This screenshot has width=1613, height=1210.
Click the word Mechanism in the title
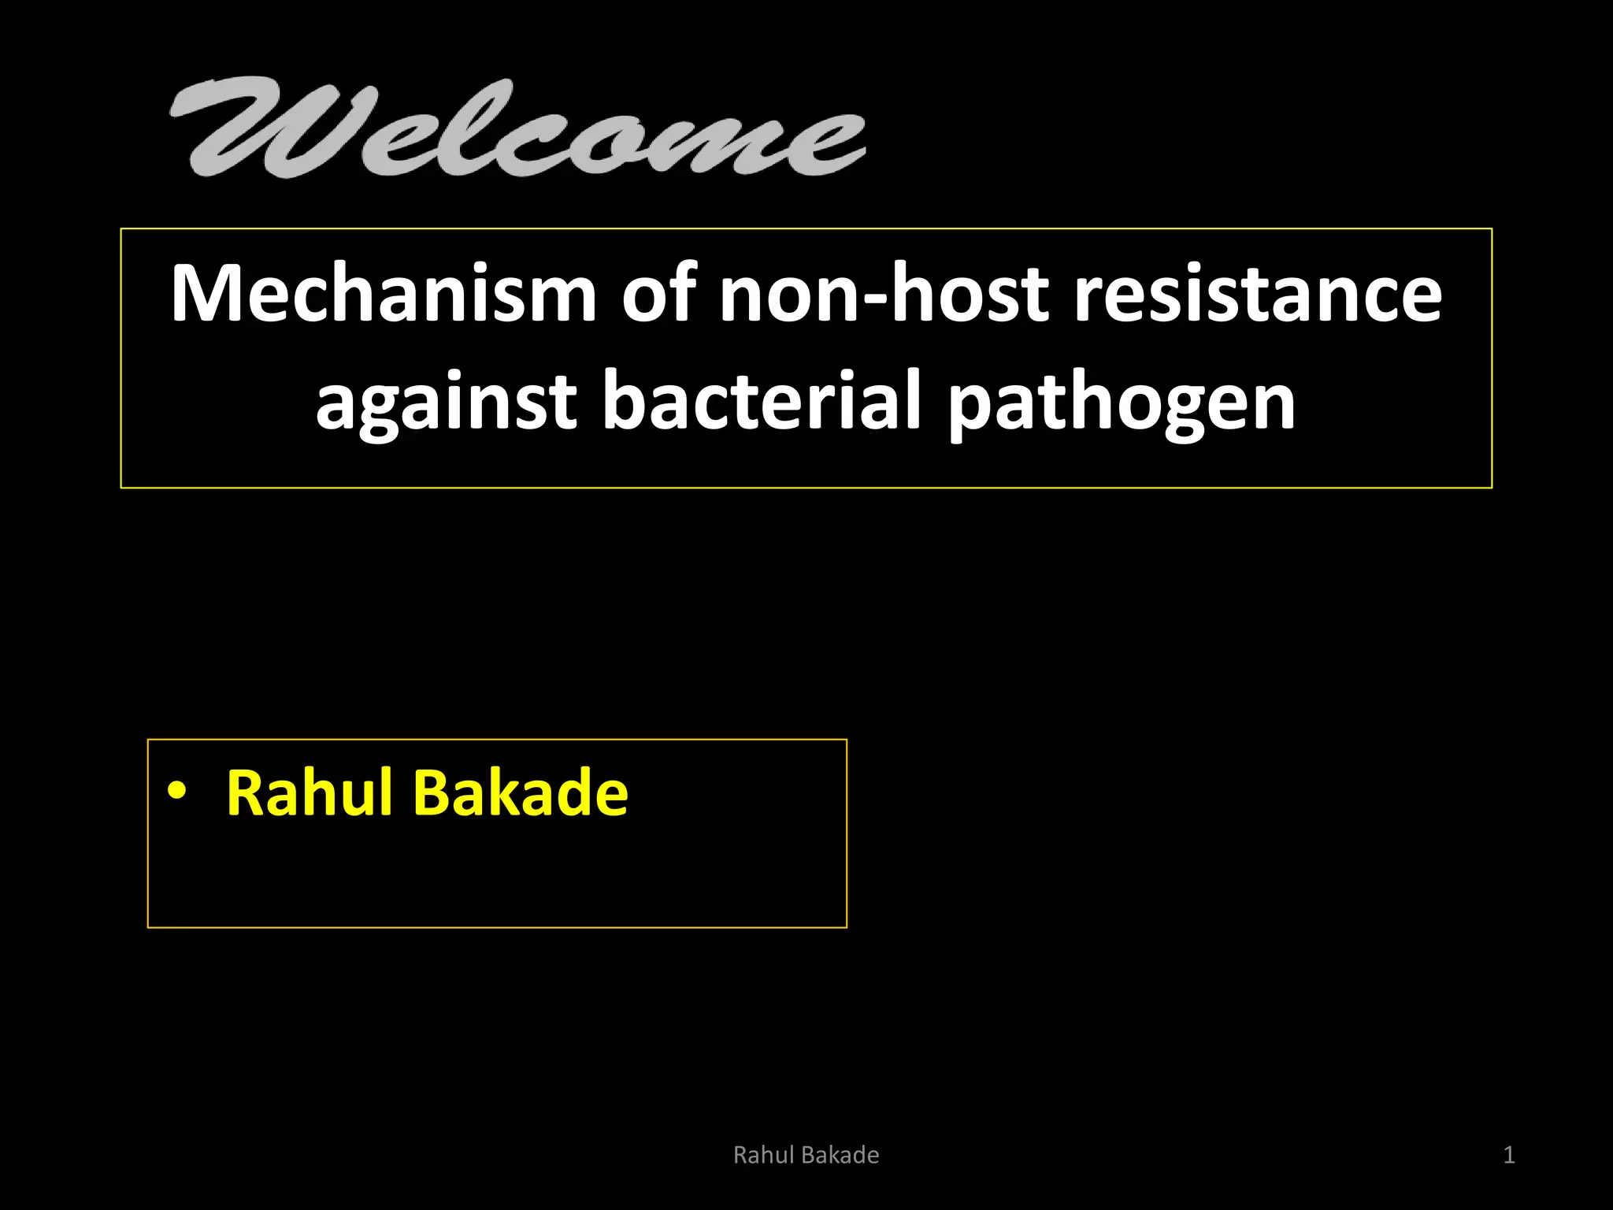(x=384, y=294)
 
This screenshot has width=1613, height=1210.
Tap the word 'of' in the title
(x=658, y=294)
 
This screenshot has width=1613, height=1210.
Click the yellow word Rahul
(x=309, y=792)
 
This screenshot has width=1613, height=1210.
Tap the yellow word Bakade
(x=521, y=792)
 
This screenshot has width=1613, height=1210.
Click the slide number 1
(x=1508, y=1155)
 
